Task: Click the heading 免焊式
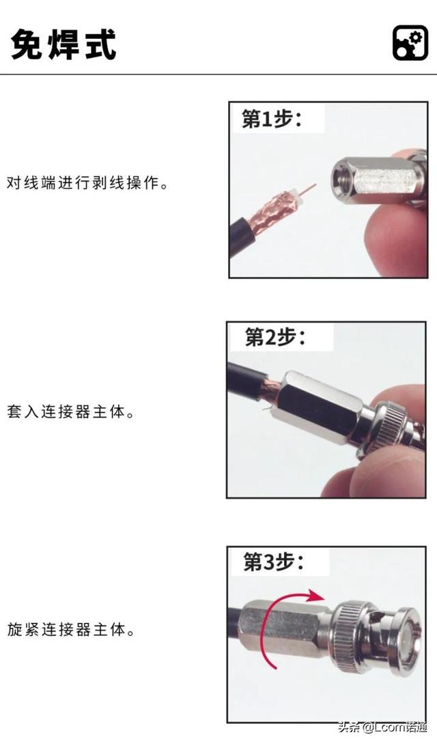pyautogui.click(x=64, y=45)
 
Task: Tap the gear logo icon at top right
pyautogui.click(x=410, y=43)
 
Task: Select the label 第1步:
pyautogui.click(x=272, y=119)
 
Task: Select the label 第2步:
pyautogui.click(x=275, y=337)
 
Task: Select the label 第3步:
pyautogui.click(x=274, y=562)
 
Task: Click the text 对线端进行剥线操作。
pyautogui.click(x=87, y=183)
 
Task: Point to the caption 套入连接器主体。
pyautogui.click(x=71, y=411)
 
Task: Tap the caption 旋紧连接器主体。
pyautogui.click(x=71, y=630)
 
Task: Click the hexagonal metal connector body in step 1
pyautogui.click(x=374, y=179)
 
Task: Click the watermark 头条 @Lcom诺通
pyautogui.click(x=382, y=727)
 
